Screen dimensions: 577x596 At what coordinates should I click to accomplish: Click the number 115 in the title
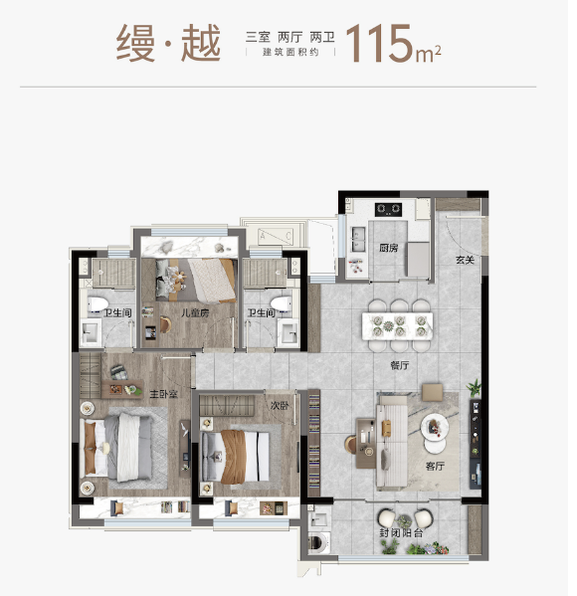click(x=379, y=44)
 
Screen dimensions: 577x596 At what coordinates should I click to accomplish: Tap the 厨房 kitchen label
click(x=388, y=248)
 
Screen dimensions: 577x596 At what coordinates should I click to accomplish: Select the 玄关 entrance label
click(x=466, y=260)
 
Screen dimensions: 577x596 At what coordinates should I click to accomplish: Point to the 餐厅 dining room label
click(x=400, y=365)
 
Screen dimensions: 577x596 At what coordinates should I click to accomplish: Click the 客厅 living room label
click(x=435, y=466)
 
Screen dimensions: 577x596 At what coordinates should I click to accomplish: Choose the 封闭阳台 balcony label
click(x=401, y=532)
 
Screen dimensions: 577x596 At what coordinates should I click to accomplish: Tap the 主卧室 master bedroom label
click(x=164, y=394)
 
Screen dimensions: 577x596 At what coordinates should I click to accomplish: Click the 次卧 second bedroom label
click(x=280, y=406)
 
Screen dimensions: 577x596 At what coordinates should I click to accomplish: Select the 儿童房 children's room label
click(x=195, y=312)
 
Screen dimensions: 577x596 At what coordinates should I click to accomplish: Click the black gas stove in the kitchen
click(x=388, y=209)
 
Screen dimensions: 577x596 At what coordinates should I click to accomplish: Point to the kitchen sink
click(x=357, y=239)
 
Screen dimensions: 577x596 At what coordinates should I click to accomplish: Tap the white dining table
click(x=397, y=326)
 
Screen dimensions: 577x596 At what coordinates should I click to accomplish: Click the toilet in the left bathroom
click(x=97, y=304)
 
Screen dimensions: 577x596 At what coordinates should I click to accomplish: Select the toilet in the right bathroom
click(x=282, y=303)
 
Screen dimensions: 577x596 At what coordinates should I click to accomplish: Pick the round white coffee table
click(x=435, y=427)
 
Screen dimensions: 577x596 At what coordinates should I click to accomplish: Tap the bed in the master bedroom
click(x=117, y=448)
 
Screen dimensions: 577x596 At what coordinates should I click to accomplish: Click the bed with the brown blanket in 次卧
click(x=235, y=456)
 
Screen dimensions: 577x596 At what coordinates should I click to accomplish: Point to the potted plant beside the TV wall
click(x=474, y=388)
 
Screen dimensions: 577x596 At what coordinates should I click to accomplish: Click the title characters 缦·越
click(x=168, y=43)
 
